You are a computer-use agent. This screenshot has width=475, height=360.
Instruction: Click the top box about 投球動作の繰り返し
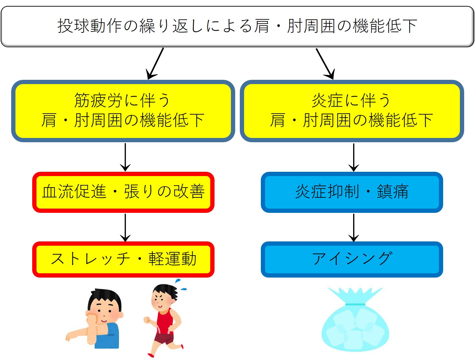[237, 26]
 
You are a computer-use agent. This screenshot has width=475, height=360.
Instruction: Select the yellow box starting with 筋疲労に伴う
[123, 111]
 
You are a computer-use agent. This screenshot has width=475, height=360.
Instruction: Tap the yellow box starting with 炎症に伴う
[351, 111]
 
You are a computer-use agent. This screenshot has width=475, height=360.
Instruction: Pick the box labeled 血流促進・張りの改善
[123, 192]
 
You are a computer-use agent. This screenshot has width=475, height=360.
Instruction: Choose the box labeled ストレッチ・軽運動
[123, 259]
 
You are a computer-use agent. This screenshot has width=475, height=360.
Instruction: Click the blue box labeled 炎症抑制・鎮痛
[351, 192]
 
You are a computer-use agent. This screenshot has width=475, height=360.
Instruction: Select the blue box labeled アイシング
[351, 259]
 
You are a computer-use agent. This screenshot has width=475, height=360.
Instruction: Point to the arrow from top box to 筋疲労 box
[155, 64]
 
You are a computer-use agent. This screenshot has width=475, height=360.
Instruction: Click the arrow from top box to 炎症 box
[325, 64]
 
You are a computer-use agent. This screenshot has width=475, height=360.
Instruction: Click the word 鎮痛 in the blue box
[393, 192]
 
